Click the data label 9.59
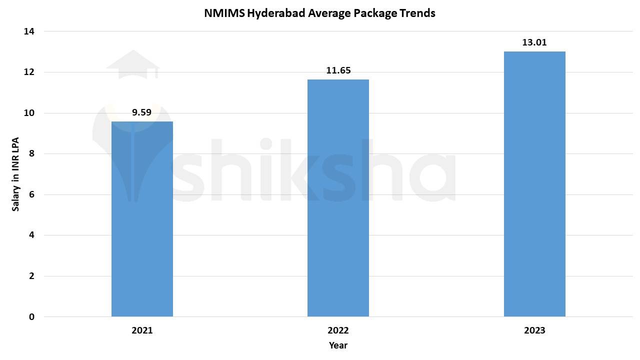[x=142, y=112]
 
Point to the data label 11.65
[x=338, y=70]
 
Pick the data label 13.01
[x=534, y=42]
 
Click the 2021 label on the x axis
[x=142, y=330]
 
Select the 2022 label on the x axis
[x=338, y=330]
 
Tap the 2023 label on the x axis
[x=534, y=330]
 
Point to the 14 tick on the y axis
[x=29, y=31]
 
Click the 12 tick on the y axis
[x=29, y=72]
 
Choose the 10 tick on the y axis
[x=29, y=113]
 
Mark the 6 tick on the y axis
[x=31, y=194]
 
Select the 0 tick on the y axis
[x=31, y=317]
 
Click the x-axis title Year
[x=338, y=345]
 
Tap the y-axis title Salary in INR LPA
[x=15, y=174]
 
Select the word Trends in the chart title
[x=417, y=13]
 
